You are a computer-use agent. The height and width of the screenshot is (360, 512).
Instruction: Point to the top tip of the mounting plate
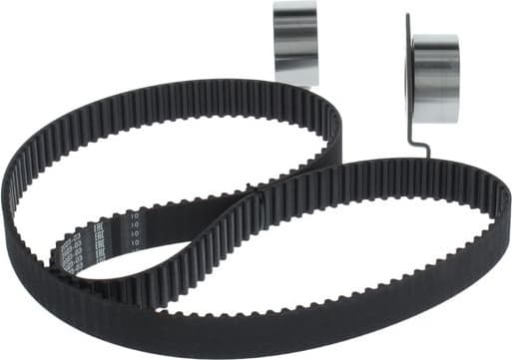tap(408, 17)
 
